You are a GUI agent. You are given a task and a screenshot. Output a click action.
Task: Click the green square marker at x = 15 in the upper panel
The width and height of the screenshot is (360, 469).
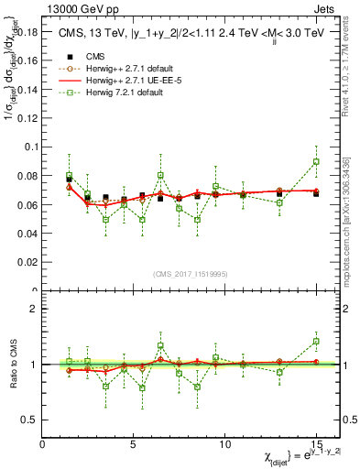[x=316, y=161]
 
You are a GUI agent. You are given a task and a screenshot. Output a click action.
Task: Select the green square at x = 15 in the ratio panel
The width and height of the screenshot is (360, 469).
[x=316, y=341]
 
